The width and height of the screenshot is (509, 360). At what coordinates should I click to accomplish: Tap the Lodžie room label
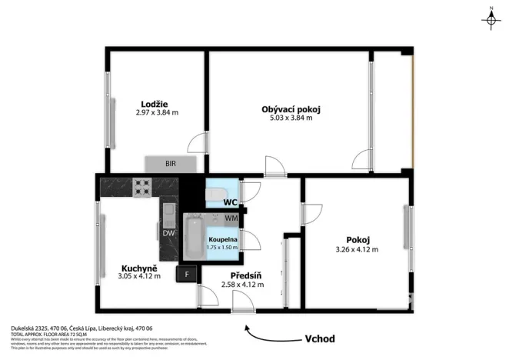pyautogui.click(x=155, y=104)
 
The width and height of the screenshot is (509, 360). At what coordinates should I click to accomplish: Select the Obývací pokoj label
pyautogui.click(x=291, y=109)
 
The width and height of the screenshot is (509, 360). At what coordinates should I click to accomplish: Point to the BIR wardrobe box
pyautogui.click(x=171, y=163)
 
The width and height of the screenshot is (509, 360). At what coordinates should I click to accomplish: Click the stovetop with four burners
pyautogui.click(x=142, y=185)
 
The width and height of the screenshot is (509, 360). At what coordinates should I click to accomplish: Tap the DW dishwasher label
pyautogui.click(x=168, y=233)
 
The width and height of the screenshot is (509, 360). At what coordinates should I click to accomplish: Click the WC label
pyautogui.click(x=229, y=202)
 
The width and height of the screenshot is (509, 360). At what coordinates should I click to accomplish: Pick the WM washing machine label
pyautogui.click(x=231, y=218)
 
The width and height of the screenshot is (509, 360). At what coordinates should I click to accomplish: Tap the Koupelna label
pyautogui.click(x=222, y=240)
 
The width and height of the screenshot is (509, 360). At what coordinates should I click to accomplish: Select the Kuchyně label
pyautogui.click(x=138, y=267)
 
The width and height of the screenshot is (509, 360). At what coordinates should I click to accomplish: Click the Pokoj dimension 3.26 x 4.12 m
pyautogui.click(x=357, y=248)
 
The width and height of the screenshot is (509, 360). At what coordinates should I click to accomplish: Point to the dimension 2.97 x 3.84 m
pyautogui.click(x=156, y=112)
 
